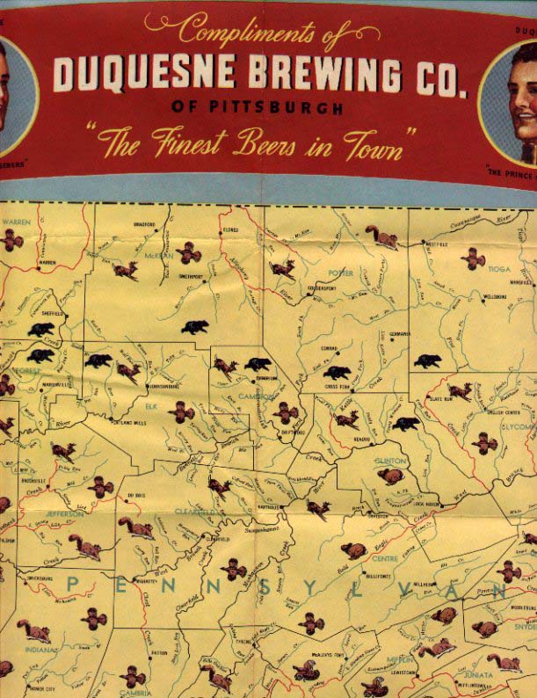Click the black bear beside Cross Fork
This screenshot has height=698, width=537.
[336, 373]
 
